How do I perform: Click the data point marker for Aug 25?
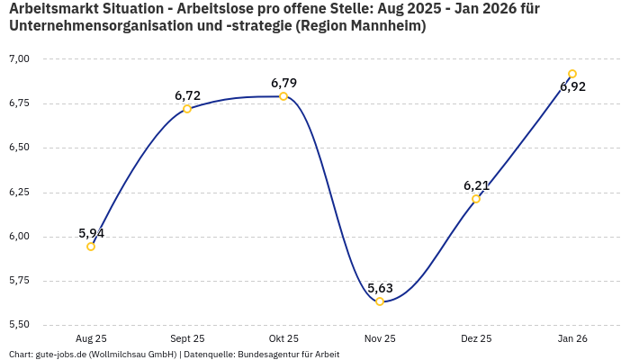point(91,247)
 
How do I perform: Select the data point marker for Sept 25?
point(187,109)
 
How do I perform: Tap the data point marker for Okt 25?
point(283,96)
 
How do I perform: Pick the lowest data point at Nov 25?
point(380,301)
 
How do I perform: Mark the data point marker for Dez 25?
point(476,199)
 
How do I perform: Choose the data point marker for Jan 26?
point(572,74)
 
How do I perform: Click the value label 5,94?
point(91,233)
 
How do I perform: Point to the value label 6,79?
point(283,83)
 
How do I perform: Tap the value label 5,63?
point(380,288)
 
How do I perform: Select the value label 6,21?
point(476,185)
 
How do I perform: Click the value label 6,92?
point(572,87)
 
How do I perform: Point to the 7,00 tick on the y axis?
point(19,59)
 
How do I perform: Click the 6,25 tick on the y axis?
point(19,193)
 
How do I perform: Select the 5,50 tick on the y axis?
point(19,325)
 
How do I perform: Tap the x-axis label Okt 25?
point(283,339)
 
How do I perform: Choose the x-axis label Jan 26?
point(572,339)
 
